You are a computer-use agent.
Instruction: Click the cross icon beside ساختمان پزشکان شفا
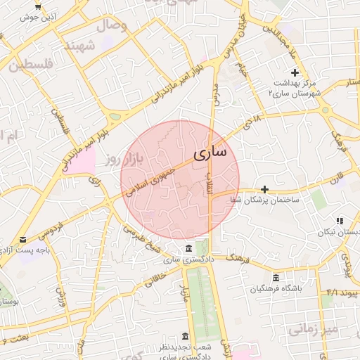pos(264,189)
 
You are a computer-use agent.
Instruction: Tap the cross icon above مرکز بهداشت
pos(295,73)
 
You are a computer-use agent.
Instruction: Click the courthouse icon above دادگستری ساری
pos(188,249)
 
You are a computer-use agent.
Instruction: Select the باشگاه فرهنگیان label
pos(275,289)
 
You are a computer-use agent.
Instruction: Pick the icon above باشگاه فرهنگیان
pos(275,278)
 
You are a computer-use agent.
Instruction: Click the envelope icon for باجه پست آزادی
pos(23,239)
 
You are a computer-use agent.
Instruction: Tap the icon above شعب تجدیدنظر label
pos(185,336)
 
